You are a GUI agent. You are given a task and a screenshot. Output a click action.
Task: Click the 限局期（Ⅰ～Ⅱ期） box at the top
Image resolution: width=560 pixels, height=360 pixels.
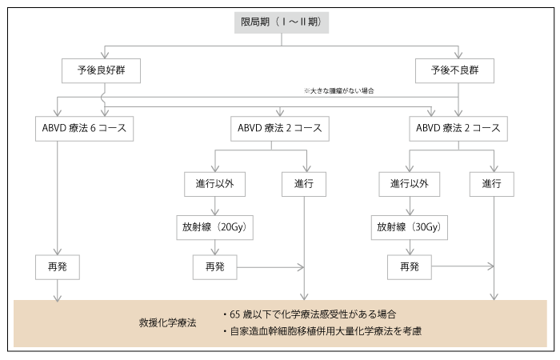coord(282,22)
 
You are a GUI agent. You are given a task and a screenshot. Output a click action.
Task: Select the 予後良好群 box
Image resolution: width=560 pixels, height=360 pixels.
coord(101,70)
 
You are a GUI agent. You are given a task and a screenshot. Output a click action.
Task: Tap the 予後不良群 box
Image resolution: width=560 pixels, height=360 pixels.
coord(454,70)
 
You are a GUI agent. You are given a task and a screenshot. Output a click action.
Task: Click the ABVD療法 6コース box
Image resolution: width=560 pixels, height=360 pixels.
coord(84,129)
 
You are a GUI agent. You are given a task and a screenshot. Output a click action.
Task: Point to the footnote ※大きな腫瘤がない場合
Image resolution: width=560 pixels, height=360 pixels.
coord(339,90)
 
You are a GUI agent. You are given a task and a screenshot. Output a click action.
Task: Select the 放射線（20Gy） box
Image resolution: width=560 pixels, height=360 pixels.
coord(214,227)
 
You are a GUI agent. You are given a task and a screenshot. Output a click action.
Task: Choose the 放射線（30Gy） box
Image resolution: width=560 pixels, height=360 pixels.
coord(410,227)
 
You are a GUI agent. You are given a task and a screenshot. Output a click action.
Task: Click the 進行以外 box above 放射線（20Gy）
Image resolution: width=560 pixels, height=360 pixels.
coord(214,184)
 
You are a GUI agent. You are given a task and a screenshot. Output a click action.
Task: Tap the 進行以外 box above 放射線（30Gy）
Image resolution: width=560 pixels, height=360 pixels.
coord(410,184)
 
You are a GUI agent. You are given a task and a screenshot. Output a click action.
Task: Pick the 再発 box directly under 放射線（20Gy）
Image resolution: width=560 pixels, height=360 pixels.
coord(214,267)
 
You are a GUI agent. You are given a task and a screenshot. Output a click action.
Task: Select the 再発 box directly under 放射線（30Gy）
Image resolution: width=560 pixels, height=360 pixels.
coord(410,267)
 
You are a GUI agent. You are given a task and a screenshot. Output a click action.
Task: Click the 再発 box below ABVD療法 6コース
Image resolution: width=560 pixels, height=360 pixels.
coord(58,267)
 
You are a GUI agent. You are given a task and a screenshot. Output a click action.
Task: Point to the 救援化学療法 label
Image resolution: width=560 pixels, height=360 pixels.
coord(167,323)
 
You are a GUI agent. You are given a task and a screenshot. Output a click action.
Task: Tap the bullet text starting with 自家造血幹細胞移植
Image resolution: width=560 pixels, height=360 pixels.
coord(322,331)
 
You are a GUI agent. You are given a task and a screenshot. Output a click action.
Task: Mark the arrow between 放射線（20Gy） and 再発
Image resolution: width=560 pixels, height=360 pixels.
coord(214,247)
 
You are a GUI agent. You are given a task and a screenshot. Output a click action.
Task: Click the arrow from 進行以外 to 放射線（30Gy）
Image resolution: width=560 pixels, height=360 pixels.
coord(410,206)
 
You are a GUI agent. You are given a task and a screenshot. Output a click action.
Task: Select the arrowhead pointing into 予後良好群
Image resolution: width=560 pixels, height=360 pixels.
coord(105,54)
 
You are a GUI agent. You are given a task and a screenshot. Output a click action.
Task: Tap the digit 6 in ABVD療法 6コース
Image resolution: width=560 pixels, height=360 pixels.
coord(93,128)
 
